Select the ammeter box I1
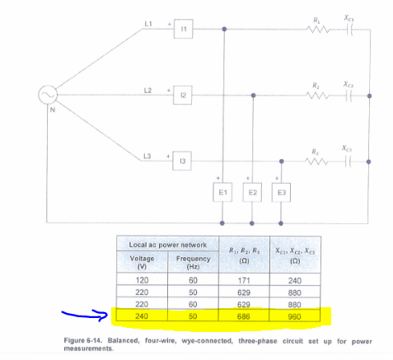pos(184,29)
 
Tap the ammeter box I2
pos(184,96)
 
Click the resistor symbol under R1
pos(317,29)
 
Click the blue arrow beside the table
pos(87,313)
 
